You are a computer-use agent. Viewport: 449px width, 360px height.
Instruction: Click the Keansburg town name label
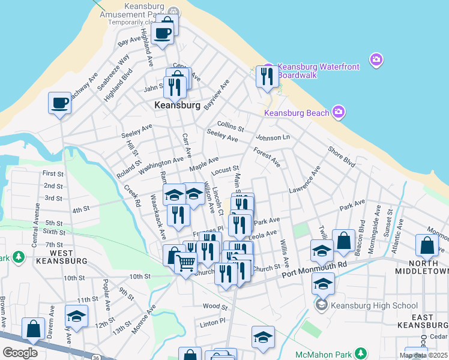coord(177,105)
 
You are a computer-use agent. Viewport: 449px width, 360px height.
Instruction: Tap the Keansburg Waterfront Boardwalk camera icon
coord(376,59)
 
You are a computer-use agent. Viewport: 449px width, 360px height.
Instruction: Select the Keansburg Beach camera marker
coord(339,112)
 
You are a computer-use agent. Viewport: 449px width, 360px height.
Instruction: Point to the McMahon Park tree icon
coord(360,353)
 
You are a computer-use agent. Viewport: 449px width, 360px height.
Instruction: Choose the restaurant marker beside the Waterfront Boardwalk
coord(266,76)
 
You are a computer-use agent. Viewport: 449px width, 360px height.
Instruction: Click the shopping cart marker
coord(185,262)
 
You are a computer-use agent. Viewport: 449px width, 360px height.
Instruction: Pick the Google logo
coord(20,353)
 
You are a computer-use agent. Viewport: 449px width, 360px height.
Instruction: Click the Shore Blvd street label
coord(341,157)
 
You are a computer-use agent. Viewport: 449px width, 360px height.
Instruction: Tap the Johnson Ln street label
coord(273,137)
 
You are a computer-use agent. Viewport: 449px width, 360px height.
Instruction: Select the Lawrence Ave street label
coord(304,183)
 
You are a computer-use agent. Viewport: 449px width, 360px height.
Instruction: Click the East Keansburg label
coord(423,320)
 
